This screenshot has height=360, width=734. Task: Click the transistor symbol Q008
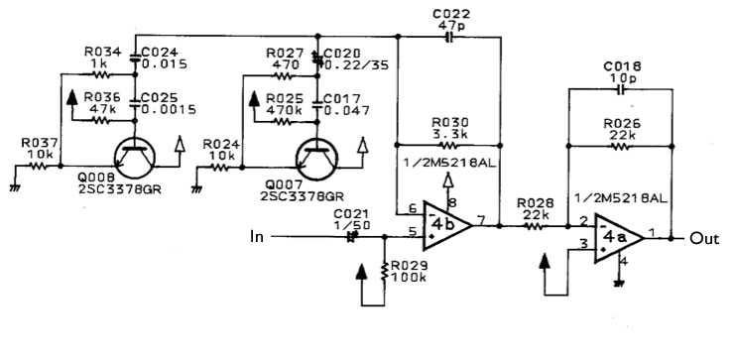click(135, 158)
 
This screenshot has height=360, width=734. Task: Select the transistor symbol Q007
click(317, 159)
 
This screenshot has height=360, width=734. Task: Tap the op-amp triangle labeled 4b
click(447, 225)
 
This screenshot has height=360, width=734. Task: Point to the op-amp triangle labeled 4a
click(619, 238)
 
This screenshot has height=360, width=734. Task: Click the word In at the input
click(257, 236)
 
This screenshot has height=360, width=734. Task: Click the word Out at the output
click(704, 238)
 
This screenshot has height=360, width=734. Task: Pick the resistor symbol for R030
click(448, 145)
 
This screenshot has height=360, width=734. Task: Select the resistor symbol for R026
click(619, 147)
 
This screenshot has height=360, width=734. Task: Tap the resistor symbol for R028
click(534, 226)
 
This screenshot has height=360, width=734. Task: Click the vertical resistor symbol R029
click(384, 271)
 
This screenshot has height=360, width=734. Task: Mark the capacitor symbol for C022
click(449, 37)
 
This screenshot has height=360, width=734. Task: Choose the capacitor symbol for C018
click(621, 89)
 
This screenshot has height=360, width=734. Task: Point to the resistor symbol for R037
click(37, 166)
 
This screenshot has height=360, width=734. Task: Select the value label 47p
click(451, 26)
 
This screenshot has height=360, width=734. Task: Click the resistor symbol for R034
click(100, 74)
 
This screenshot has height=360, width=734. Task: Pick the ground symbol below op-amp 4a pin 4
click(619, 283)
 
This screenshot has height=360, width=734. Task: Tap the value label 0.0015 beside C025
click(168, 109)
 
